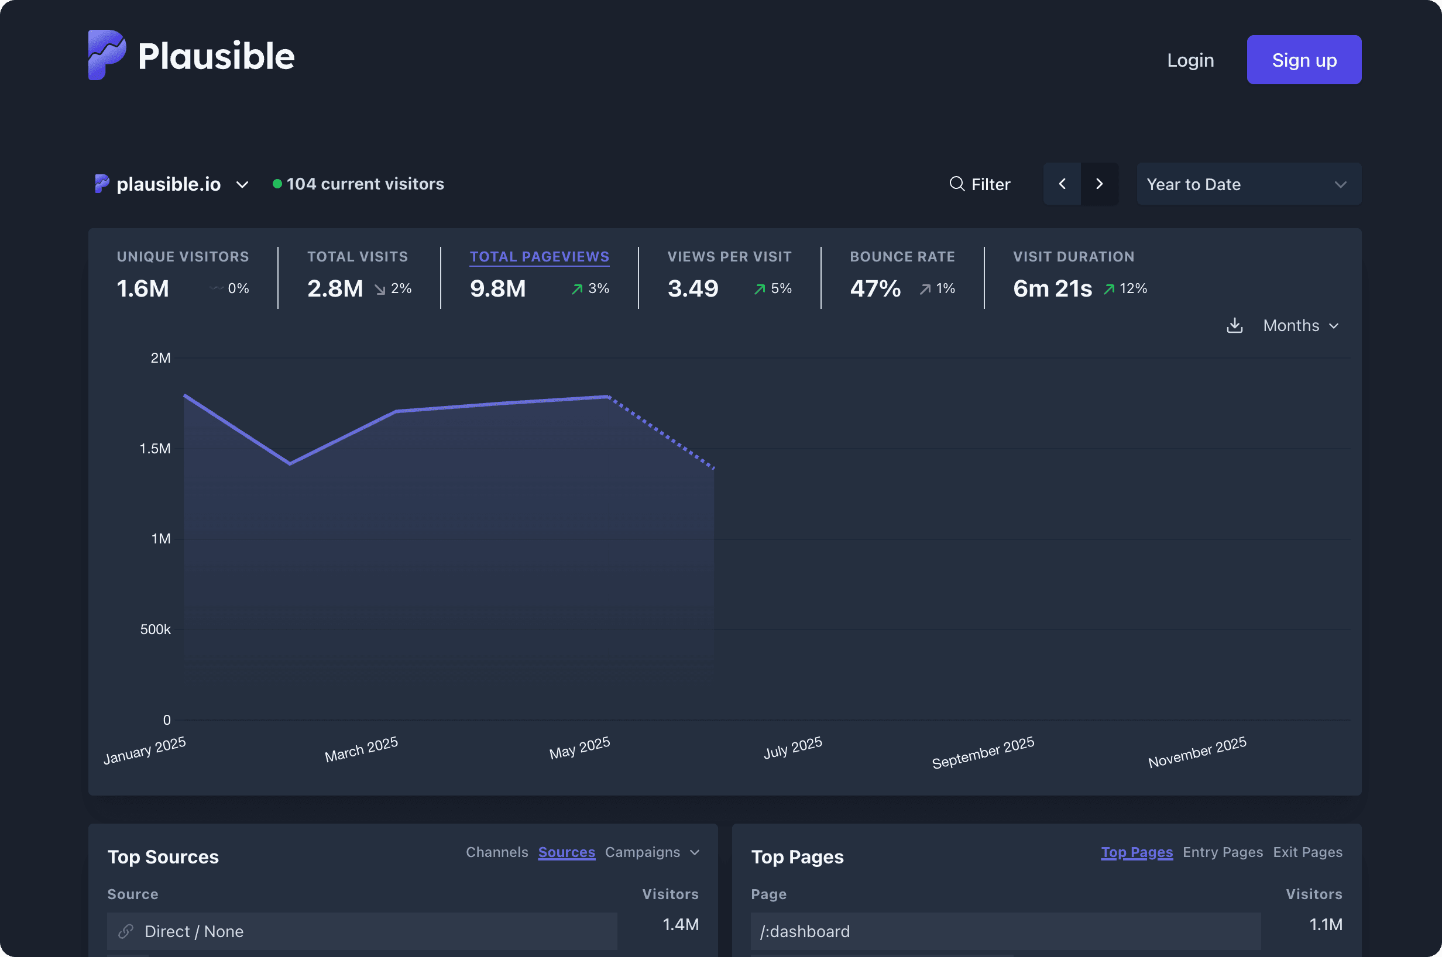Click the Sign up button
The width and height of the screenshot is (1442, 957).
click(1303, 60)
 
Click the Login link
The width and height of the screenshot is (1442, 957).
click(1190, 60)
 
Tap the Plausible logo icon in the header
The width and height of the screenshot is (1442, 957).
click(107, 55)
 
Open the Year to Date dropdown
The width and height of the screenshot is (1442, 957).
click(1248, 184)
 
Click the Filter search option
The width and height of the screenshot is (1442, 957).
click(979, 184)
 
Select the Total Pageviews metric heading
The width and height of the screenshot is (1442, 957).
click(539, 257)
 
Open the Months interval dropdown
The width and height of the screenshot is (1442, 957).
click(1300, 326)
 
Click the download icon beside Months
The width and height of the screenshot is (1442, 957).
click(1234, 326)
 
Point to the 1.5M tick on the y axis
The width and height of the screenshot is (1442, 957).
click(155, 449)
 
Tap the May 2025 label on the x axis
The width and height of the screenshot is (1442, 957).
click(579, 748)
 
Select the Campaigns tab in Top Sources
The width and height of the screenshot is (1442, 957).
click(642, 852)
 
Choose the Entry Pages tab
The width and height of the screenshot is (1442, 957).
click(1222, 852)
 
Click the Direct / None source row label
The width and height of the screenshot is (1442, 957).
click(194, 931)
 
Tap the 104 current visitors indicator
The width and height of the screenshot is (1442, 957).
click(365, 184)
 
